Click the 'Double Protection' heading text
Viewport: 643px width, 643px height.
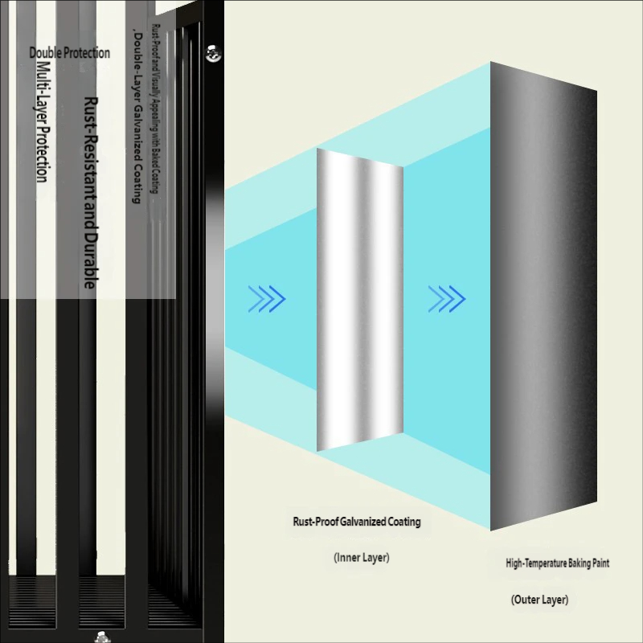pos(70,53)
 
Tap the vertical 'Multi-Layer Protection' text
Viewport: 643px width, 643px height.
pos(43,121)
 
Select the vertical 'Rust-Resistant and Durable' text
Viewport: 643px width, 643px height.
pos(91,193)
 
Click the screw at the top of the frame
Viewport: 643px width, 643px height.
pos(213,53)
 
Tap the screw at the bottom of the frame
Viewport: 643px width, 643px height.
pos(101,637)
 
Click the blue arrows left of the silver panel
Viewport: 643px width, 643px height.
pos(268,299)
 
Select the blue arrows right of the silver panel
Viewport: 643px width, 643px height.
pos(447,299)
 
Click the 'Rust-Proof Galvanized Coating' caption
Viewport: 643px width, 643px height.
pos(356,522)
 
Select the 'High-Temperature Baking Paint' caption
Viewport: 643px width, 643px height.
pos(557,563)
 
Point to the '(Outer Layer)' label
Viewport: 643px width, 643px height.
pos(539,600)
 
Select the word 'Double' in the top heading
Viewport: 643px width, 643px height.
pos(45,53)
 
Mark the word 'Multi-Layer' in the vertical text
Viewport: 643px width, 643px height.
pos(43,88)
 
